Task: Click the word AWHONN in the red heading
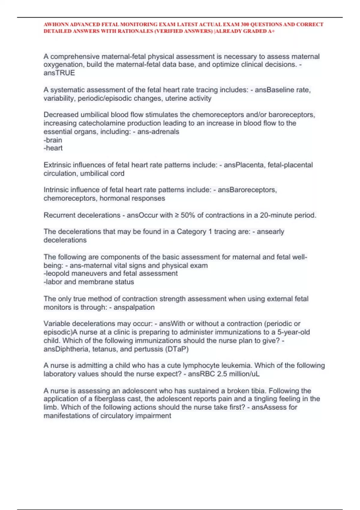point(56,25)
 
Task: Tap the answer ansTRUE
point(59,73)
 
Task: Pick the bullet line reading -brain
point(53,140)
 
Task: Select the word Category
point(191,232)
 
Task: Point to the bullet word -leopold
point(57,274)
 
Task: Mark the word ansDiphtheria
point(66,349)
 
